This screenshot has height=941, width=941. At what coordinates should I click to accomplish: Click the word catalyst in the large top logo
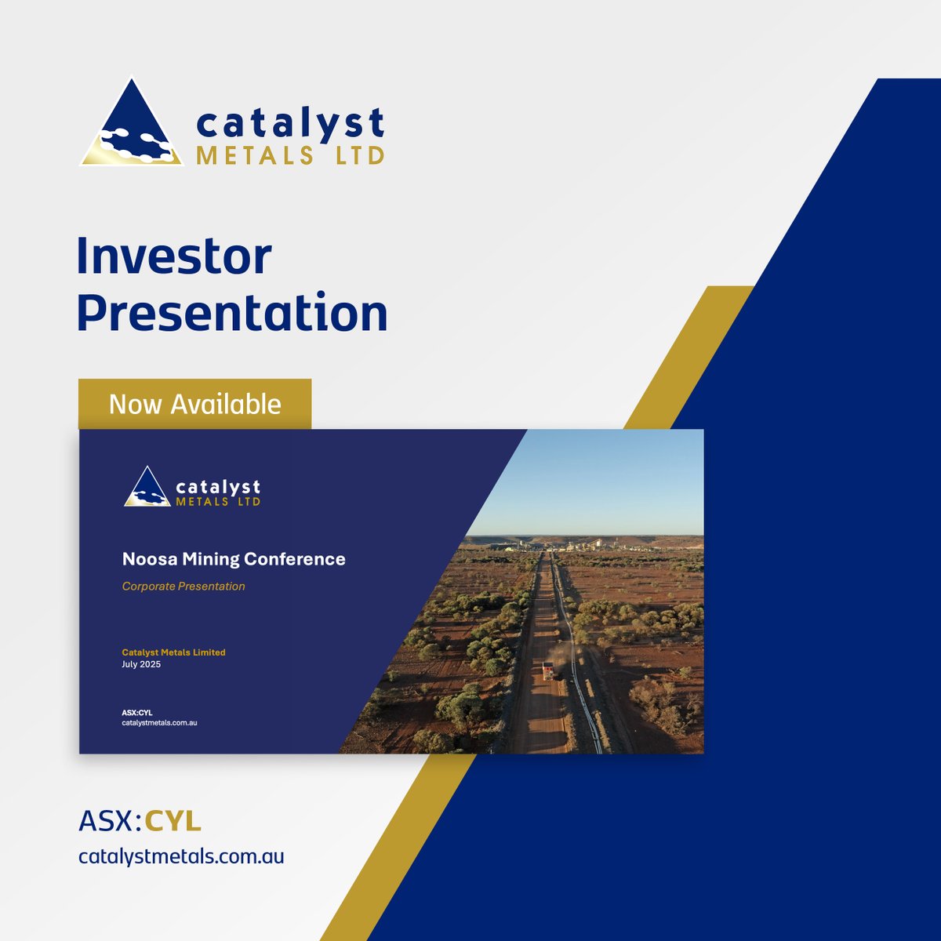click(290, 124)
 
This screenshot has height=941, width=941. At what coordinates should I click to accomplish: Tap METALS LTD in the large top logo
click(290, 155)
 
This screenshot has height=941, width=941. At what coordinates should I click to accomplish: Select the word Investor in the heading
click(174, 256)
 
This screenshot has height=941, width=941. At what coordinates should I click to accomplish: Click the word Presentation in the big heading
click(232, 312)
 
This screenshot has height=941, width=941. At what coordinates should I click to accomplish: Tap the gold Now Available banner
click(194, 404)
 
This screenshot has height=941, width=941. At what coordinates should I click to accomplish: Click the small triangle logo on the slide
click(147, 488)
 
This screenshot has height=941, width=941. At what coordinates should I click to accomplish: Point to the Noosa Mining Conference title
click(234, 559)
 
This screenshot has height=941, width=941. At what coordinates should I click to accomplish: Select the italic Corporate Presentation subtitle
click(183, 587)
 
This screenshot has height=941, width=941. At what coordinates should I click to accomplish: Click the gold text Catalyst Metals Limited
click(173, 652)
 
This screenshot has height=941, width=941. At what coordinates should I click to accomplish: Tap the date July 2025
click(141, 664)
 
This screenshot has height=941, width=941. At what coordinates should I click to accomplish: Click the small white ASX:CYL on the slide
click(137, 712)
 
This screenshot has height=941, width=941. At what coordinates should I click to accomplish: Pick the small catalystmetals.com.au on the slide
click(159, 722)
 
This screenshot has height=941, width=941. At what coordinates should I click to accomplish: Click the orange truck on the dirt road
click(547, 670)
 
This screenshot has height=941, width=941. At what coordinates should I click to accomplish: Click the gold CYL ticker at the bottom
click(173, 821)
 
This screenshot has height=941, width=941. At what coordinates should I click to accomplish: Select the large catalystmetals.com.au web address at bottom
click(181, 856)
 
